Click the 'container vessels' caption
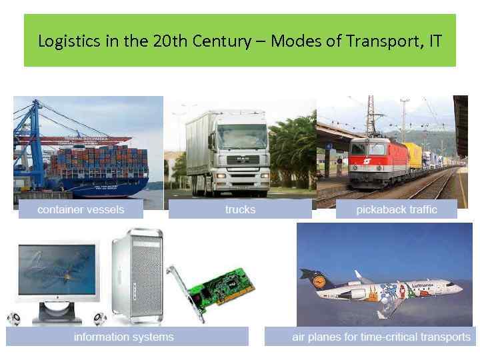[x=81, y=210]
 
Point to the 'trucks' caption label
[x=240, y=210]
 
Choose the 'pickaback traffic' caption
[x=397, y=210]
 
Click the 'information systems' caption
[x=124, y=337]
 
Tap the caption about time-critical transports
[x=381, y=337]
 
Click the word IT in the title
[x=433, y=41]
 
